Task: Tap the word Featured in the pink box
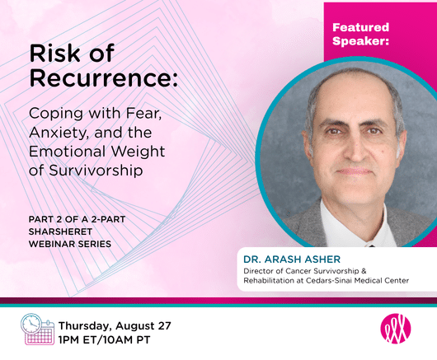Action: pyautogui.click(x=360, y=27)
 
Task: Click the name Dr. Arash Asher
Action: pyautogui.click(x=292, y=259)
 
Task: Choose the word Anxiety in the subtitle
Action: pyautogui.click(x=59, y=133)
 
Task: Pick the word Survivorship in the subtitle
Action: pyautogui.click(x=96, y=171)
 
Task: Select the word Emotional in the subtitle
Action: pyautogui.click(x=68, y=152)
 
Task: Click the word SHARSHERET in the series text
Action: pyautogui.click(x=60, y=231)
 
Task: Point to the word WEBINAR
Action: pyautogui.click(x=52, y=244)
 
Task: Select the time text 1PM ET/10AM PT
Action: pyautogui.click(x=105, y=340)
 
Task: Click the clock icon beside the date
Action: pyautogui.click(x=31, y=324)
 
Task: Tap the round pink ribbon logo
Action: pyautogui.click(x=396, y=329)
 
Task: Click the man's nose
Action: pyautogui.click(x=355, y=150)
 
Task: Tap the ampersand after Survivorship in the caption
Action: pyautogui.click(x=364, y=271)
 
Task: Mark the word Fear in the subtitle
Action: pyautogui.click(x=143, y=114)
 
